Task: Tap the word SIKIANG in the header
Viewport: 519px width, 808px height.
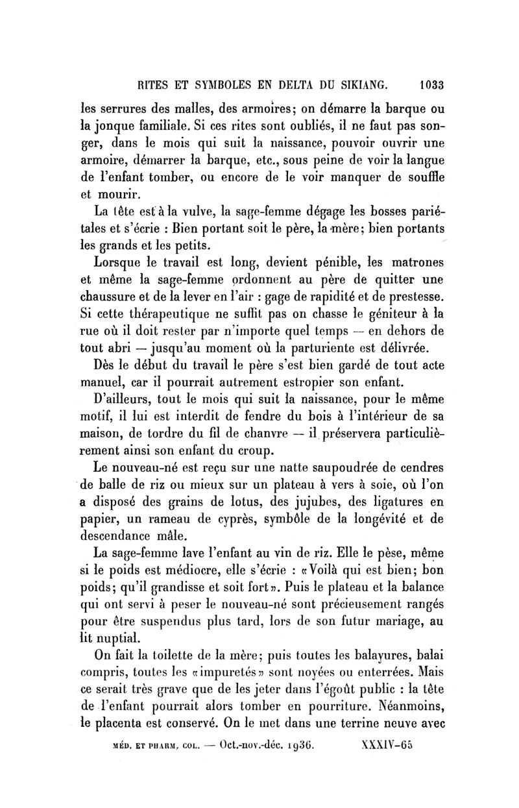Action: pyautogui.click(x=358, y=84)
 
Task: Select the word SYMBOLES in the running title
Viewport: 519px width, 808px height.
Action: pyautogui.click(x=213, y=84)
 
